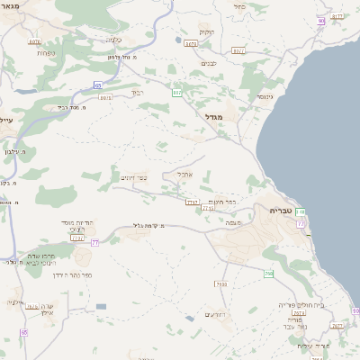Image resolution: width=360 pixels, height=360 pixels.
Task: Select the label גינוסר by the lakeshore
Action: click(264, 95)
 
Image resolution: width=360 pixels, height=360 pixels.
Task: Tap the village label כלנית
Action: click(114, 39)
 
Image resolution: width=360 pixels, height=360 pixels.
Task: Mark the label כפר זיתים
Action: click(132, 177)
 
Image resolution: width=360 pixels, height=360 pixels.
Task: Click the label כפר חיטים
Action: click(223, 202)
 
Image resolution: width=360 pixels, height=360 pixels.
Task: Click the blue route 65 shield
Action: click(96, 85)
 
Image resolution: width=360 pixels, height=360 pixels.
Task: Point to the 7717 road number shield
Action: click(191, 202)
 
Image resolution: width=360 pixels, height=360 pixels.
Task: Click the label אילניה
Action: click(15, 302)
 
